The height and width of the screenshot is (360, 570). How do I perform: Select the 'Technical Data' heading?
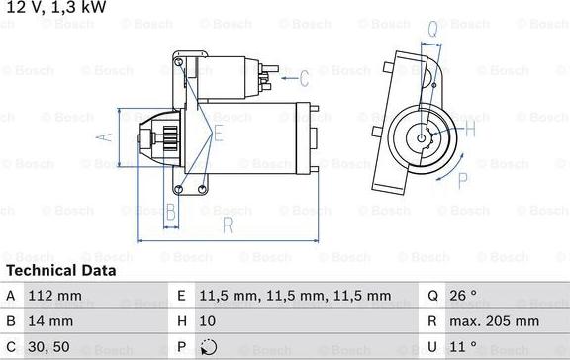(60, 270)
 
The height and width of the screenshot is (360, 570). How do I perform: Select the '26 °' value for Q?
(464, 296)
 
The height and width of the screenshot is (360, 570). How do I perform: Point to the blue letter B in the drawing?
(170, 211)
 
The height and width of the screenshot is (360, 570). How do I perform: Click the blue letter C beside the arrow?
(304, 79)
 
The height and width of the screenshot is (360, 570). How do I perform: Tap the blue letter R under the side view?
(227, 226)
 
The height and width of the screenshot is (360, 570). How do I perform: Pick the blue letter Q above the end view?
(432, 30)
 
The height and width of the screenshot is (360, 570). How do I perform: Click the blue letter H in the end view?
(470, 130)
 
